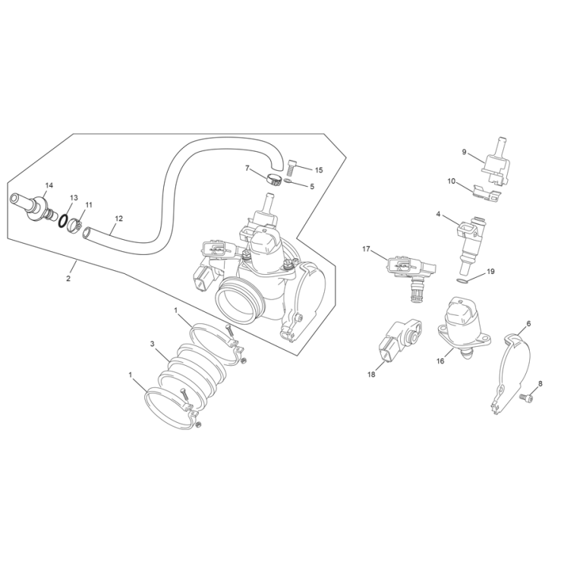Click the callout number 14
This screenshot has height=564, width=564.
point(49,185)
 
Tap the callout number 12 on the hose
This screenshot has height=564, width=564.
point(118,219)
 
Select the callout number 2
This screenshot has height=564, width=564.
point(68,279)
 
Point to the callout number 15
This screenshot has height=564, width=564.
point(319,170)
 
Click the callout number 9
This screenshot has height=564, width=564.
point(464,152)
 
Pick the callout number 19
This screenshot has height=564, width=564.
point(490,271)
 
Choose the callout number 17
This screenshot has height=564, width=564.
point(366,249)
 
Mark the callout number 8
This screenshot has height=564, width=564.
point(540,383)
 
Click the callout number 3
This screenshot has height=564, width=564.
point(153,344)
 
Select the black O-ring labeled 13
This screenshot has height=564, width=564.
point(65,222)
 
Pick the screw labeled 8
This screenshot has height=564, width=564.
point(523,395)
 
